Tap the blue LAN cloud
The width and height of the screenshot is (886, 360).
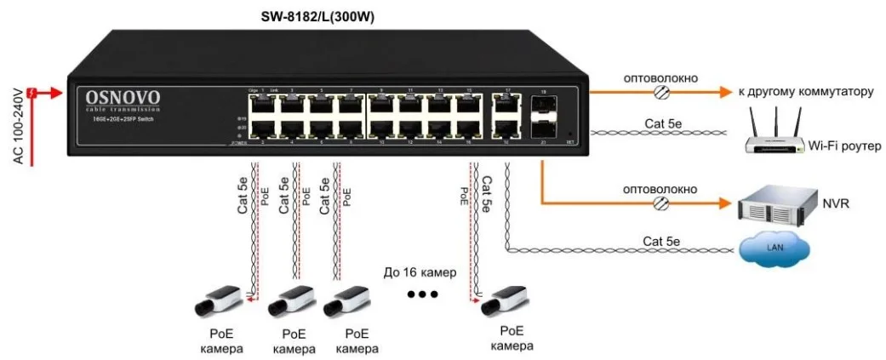[774, 248]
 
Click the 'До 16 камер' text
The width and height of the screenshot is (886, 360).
[420, 273]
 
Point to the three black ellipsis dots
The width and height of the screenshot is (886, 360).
[421, 294]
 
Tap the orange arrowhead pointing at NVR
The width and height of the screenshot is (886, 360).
[725, 203]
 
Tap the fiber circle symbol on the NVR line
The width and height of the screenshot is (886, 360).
[660, 203]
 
